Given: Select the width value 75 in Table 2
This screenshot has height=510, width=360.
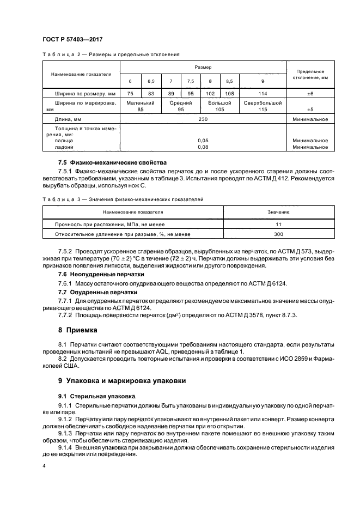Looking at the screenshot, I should pyautogui.click(x=130, y=93).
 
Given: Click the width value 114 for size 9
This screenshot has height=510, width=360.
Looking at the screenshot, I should pyautogui.click(x=263, y=93).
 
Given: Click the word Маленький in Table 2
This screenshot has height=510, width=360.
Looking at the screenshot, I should pyautogui.click(x=141, y=102).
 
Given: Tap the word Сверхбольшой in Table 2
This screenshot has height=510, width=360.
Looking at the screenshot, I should pyautogui.click(x=263, y=102).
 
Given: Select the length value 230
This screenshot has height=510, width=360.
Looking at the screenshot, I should pyautogui.click(x=203, y=119).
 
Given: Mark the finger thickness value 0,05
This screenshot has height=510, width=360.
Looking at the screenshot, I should pyautogui.click(x=203, y=140).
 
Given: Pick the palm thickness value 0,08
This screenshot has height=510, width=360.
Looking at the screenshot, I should pyautogui.click(x=203, y=147).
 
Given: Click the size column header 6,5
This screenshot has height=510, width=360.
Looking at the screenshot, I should pyautogui.click(x=151, y=81).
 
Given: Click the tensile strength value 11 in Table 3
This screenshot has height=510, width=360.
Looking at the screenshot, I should pyautogui.click(x=278, y=224).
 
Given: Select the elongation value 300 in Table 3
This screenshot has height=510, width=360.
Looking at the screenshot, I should pyautogui.click(x=278, y=234).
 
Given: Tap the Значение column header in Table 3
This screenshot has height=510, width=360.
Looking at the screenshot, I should pyautogui.click(x=278, y=211).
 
